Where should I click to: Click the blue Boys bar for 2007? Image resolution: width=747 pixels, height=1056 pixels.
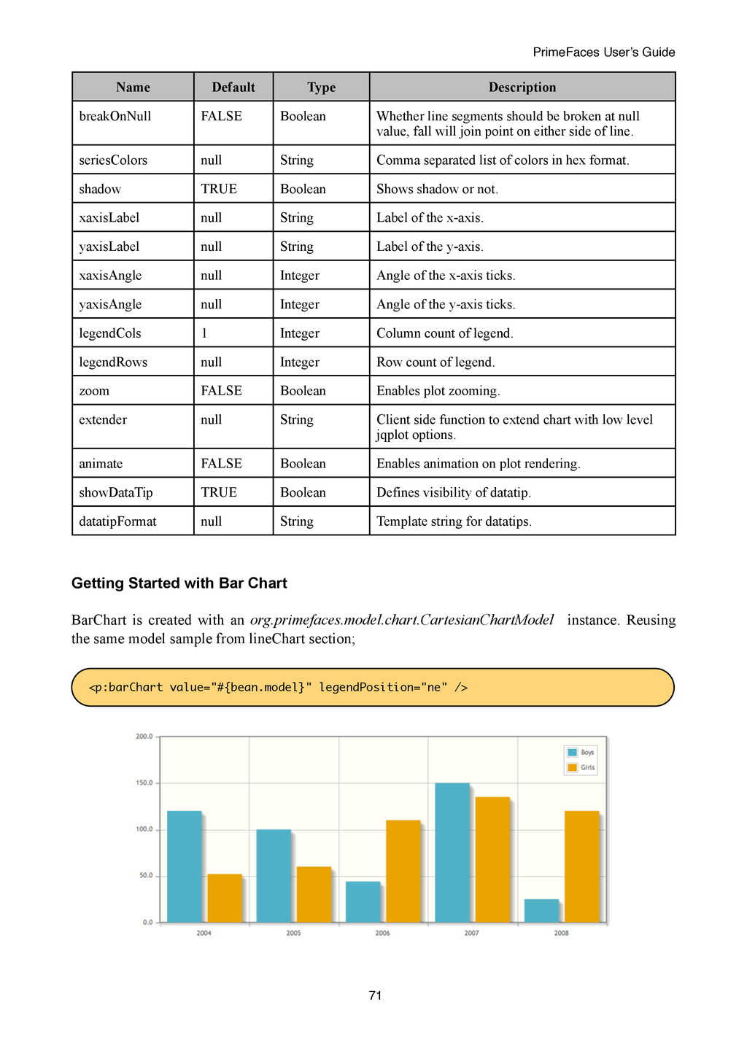452,853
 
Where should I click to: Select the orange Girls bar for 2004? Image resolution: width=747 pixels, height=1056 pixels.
225,898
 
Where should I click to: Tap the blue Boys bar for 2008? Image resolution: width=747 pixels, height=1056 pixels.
541,910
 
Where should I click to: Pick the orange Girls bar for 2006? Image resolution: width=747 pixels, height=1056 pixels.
403,871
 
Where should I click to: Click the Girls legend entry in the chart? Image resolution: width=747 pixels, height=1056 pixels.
581,767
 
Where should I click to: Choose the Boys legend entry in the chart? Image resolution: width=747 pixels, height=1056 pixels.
581,753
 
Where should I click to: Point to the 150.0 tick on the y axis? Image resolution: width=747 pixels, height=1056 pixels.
144,783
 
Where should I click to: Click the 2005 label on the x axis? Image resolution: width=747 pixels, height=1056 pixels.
293,933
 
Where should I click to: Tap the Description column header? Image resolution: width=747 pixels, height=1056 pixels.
522,88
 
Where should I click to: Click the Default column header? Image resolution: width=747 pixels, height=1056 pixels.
233,88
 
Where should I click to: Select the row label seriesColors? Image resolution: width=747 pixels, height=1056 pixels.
113,160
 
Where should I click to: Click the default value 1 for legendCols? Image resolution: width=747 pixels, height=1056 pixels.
204,333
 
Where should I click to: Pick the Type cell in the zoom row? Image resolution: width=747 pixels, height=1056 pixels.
303,391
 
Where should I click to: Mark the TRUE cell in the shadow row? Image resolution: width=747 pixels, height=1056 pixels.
219,189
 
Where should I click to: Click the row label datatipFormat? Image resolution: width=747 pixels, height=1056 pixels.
117,521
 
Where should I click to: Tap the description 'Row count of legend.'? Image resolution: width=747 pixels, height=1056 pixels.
436,362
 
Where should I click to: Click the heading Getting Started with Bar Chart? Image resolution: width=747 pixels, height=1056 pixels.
179,583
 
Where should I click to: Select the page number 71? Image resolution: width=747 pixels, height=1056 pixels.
376,995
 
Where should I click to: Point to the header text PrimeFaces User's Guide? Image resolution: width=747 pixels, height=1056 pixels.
603,52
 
